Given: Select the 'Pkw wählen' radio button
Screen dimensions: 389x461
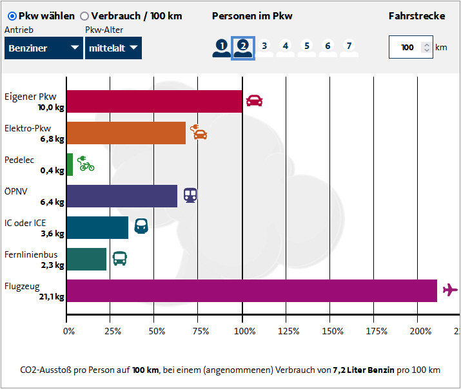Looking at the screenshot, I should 12,16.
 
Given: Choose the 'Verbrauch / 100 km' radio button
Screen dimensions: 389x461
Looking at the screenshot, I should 85,16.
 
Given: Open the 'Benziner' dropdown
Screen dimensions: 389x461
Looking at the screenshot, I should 43,48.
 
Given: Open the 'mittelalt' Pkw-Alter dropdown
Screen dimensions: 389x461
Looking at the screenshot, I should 113,48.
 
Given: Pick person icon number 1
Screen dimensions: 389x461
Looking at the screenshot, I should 222,47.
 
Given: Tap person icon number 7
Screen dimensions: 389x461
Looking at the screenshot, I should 349,47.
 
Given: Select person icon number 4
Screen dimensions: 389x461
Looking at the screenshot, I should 286,47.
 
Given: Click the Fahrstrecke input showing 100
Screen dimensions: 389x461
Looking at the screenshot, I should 407,47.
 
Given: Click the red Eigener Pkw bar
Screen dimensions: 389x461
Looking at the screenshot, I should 154,101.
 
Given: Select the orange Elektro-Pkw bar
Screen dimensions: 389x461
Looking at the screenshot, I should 126,133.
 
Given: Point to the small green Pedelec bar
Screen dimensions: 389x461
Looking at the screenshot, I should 70,164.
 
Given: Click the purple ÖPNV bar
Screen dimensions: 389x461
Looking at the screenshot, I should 122,196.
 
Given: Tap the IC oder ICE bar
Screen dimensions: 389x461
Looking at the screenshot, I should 97,227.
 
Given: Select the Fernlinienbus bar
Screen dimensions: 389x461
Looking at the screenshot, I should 86,259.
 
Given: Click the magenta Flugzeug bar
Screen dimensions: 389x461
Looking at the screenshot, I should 251,290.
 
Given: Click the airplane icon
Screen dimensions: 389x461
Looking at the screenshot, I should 450,290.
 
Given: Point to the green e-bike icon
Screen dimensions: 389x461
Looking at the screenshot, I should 85,164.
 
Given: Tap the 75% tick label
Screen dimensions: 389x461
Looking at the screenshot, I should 200,331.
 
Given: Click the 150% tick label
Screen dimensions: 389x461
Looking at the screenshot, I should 332,331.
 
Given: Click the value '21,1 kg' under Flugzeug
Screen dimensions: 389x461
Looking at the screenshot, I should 52,296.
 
